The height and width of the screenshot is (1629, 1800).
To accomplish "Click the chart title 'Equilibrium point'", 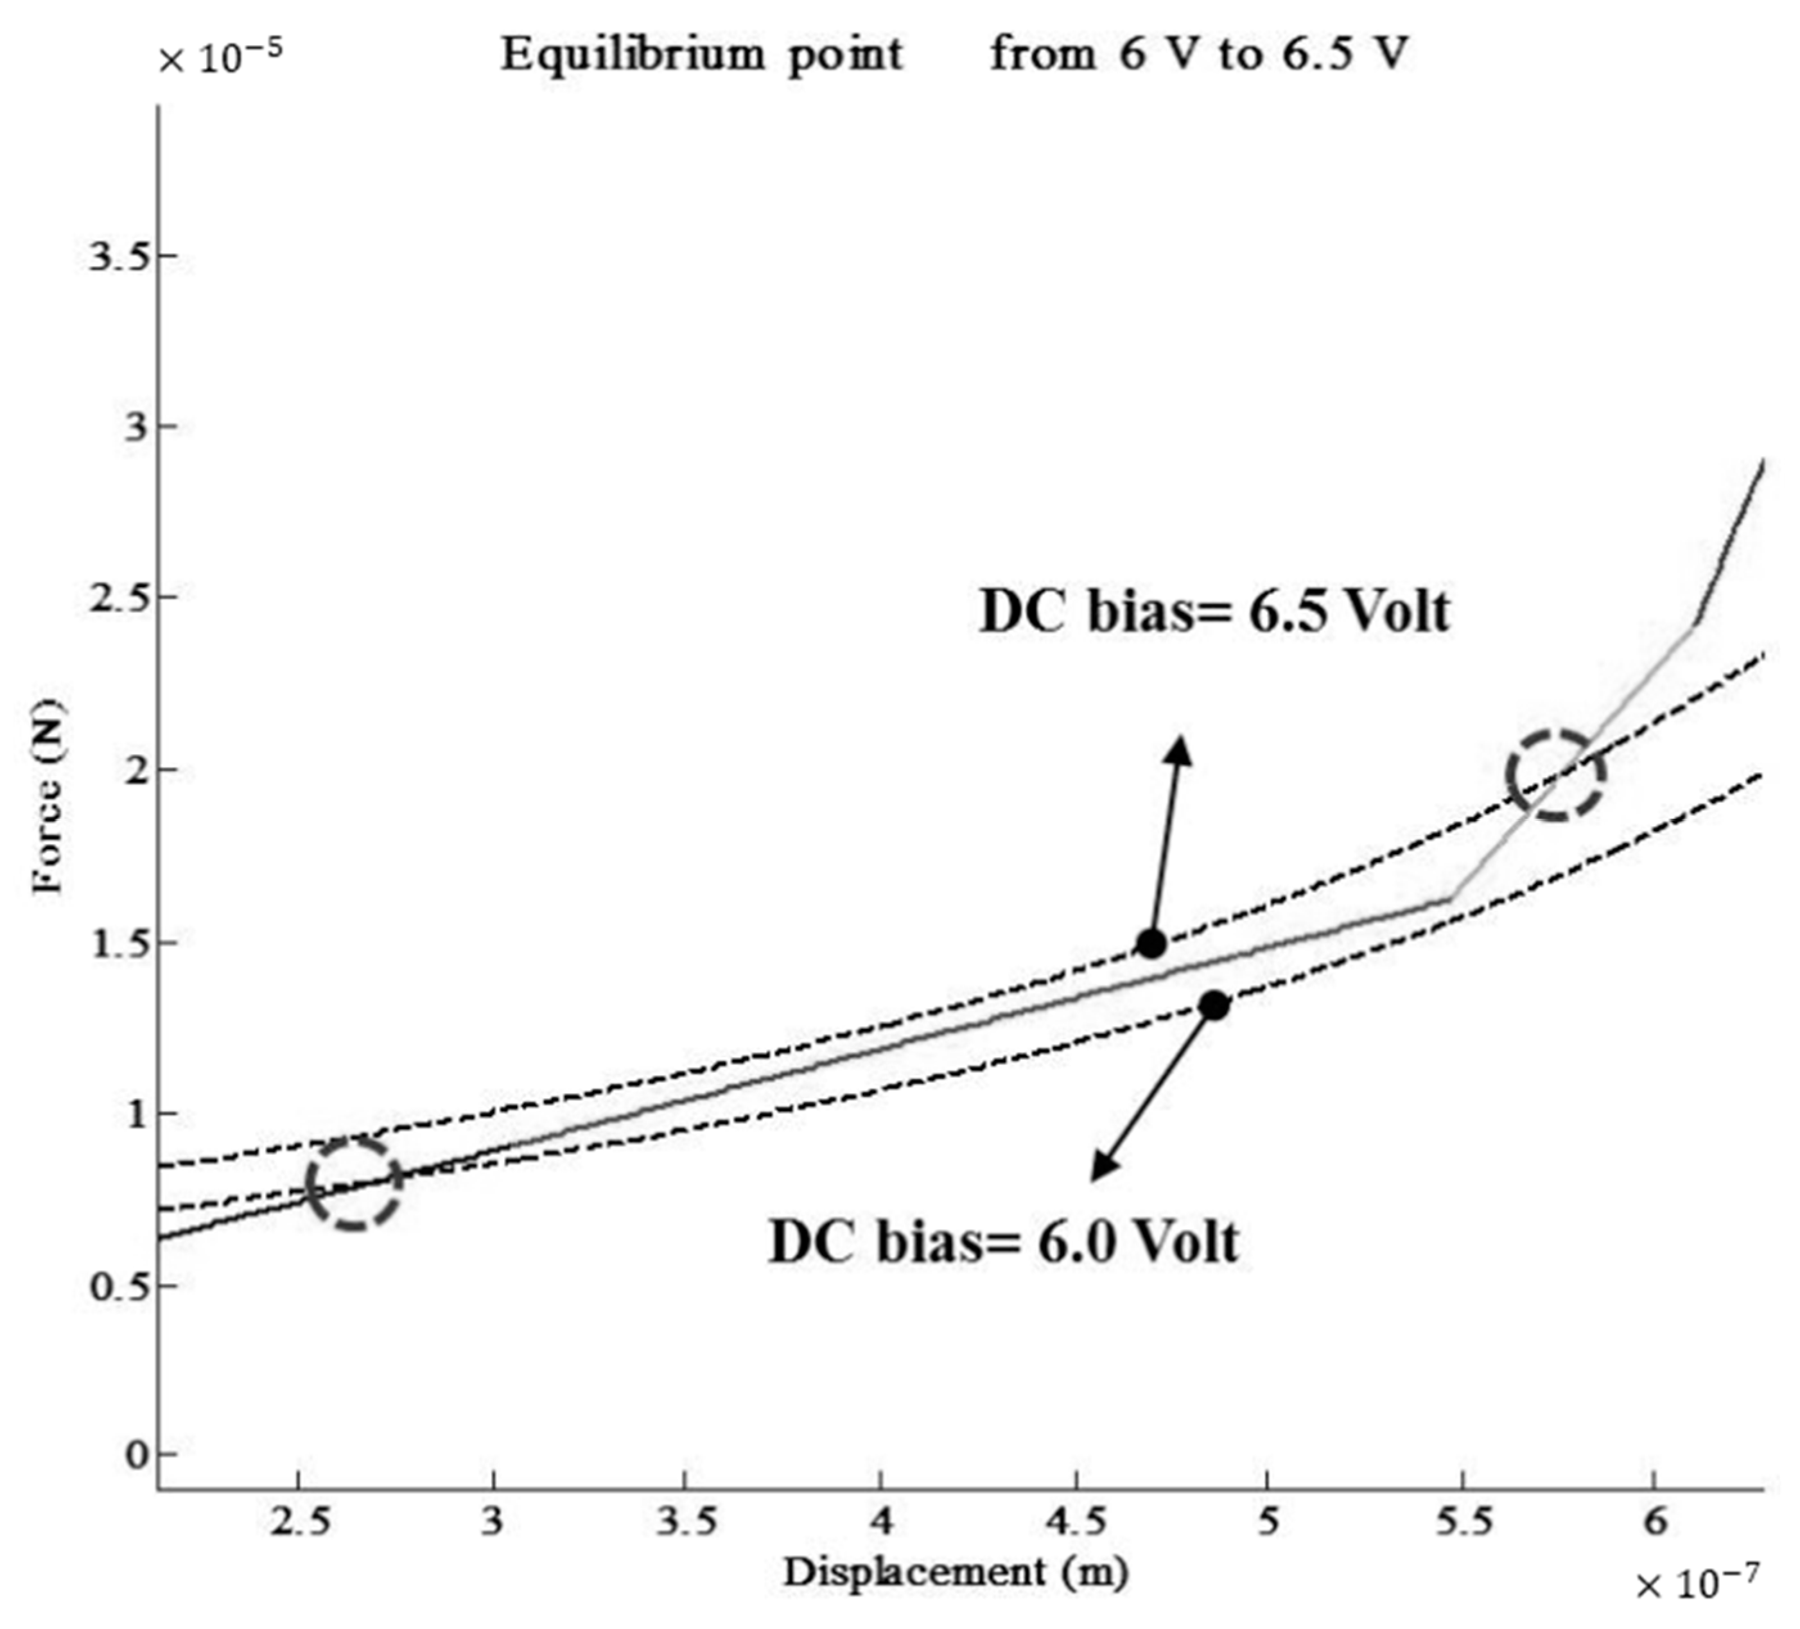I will [702, 55].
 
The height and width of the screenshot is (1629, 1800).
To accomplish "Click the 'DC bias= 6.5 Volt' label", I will [1214, 613].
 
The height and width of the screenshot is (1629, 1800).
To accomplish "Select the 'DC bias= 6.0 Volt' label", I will [1004, 1243].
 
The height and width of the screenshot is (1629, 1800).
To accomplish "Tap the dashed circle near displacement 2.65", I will [354, 1183].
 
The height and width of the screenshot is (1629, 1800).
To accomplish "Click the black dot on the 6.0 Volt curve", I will [1214, 1006].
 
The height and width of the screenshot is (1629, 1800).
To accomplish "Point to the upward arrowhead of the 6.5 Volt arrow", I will [1180, 748].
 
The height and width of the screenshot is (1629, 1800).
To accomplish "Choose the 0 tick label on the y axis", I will [135, 1456].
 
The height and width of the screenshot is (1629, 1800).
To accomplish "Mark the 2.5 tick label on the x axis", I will [301, 1522].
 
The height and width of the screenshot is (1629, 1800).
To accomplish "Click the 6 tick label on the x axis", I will [1654, 1522].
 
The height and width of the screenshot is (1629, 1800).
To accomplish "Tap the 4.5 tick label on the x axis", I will [1076, 1522].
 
